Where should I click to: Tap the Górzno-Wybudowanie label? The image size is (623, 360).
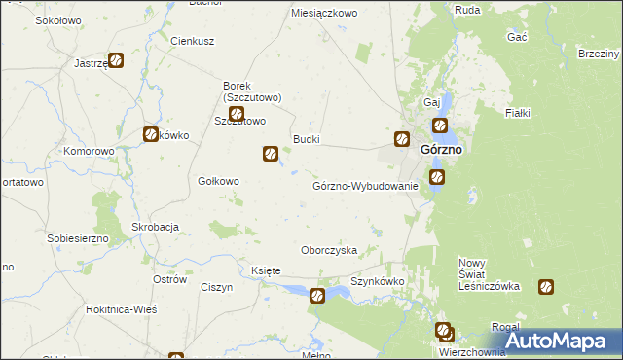click(x=365, y=186)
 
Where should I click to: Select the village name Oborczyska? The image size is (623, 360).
click(x=329, y=250)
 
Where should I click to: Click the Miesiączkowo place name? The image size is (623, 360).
click(x=325, y=14)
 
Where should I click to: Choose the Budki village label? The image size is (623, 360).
click(x=306, y=139)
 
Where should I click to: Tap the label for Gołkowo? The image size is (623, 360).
click(x=218, y=180)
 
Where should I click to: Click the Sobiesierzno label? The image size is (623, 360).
click(x=78, y=237)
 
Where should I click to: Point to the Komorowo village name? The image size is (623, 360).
click(x=89, y=152)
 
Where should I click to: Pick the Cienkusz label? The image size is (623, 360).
click(x=192, y=42)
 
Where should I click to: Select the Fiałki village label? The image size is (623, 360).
click(x=517, y=113)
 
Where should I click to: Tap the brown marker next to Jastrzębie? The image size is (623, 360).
click(x=116, y=60)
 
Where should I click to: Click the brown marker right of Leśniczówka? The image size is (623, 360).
click(x=546, y=287)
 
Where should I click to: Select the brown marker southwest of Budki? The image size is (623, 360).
click(x=271, y=153)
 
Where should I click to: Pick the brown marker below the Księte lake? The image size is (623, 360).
click(x=317, y=296)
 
